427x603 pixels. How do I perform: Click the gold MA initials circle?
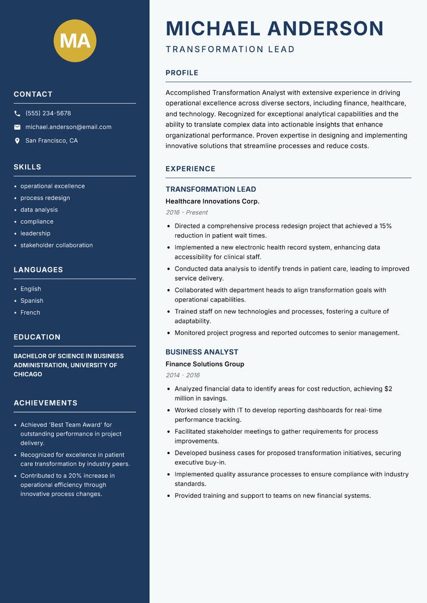(x=75, y=41)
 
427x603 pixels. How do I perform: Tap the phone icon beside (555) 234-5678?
(x=17, y=114)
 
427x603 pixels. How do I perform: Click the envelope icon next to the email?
(x=17, y=127)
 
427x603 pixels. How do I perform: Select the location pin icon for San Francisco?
(x=17, y=141)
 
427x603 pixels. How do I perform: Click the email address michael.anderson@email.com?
(x=68, y=127)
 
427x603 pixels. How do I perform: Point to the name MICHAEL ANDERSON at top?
(x=274, y=28)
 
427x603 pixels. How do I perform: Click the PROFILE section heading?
(x=181, y=73)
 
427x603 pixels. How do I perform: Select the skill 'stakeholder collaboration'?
(x=57, y=245)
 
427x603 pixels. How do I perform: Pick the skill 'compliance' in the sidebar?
(x=37, y=221)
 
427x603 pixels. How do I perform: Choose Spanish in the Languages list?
(x=31, y=301)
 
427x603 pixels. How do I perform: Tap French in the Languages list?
(x=30, y=313)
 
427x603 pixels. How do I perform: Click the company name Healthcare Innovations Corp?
(x=212, y=201)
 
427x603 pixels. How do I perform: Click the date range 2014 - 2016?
(x=183, y=375)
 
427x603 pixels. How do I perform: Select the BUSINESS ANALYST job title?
(x=202, y=352)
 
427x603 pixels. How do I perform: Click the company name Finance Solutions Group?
(x=204, y=364)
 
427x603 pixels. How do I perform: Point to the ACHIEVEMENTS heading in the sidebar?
(x=45, y=403)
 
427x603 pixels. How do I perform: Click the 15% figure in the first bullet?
(x=385, y=226)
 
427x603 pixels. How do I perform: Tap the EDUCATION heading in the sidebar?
(x=37, y=337)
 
